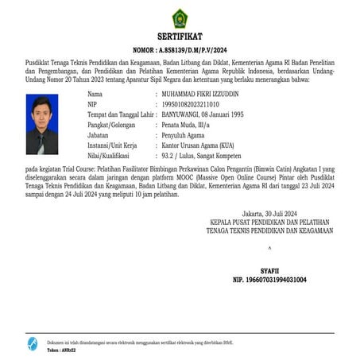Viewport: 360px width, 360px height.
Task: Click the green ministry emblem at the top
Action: click(x=180, y=17)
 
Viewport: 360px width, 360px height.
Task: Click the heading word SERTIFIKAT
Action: click(x=180, y=37)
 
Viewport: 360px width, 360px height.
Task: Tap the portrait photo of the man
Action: click(x=41, y=124)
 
